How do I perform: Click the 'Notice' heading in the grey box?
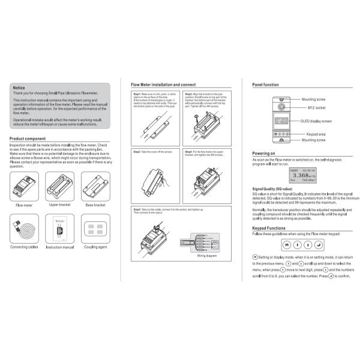click(19, 88)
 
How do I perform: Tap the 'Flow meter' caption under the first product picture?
click(24, 205)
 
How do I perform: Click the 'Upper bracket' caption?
click(59, 205)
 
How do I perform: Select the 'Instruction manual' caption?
click(59, 247)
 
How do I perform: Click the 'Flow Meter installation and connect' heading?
click(163, 85)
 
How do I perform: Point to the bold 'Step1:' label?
click(137, 94)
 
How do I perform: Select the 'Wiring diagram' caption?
click(207, 255)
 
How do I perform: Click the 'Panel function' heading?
click(265, 85)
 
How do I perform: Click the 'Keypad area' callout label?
click(316, 134)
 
